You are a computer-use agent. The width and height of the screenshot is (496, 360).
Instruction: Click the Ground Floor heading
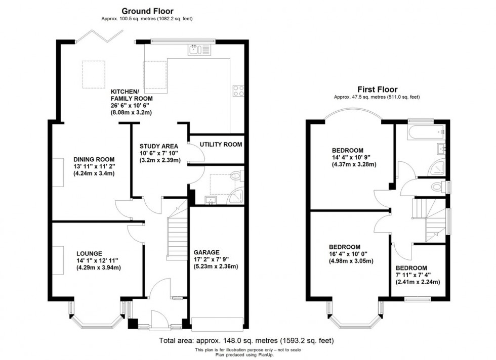point(148,11)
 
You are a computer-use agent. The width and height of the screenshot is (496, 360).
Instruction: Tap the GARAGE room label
point(207,252)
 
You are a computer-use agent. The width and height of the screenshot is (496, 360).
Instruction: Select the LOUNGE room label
point(90,253)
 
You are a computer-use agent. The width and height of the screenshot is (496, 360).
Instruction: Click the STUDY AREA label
point(158,147)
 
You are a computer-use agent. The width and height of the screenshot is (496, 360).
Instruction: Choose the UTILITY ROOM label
point(221,145)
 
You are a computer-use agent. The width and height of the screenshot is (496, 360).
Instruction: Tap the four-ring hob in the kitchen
point(238,91)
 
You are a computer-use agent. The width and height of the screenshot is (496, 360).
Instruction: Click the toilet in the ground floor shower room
point(235,177)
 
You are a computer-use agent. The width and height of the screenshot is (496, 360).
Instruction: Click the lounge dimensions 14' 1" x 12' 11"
point(97,261)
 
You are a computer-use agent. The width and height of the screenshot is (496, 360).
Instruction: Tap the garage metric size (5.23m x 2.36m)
point(216,266)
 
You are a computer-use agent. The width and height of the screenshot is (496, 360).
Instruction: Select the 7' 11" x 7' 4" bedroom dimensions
point(417,275)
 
